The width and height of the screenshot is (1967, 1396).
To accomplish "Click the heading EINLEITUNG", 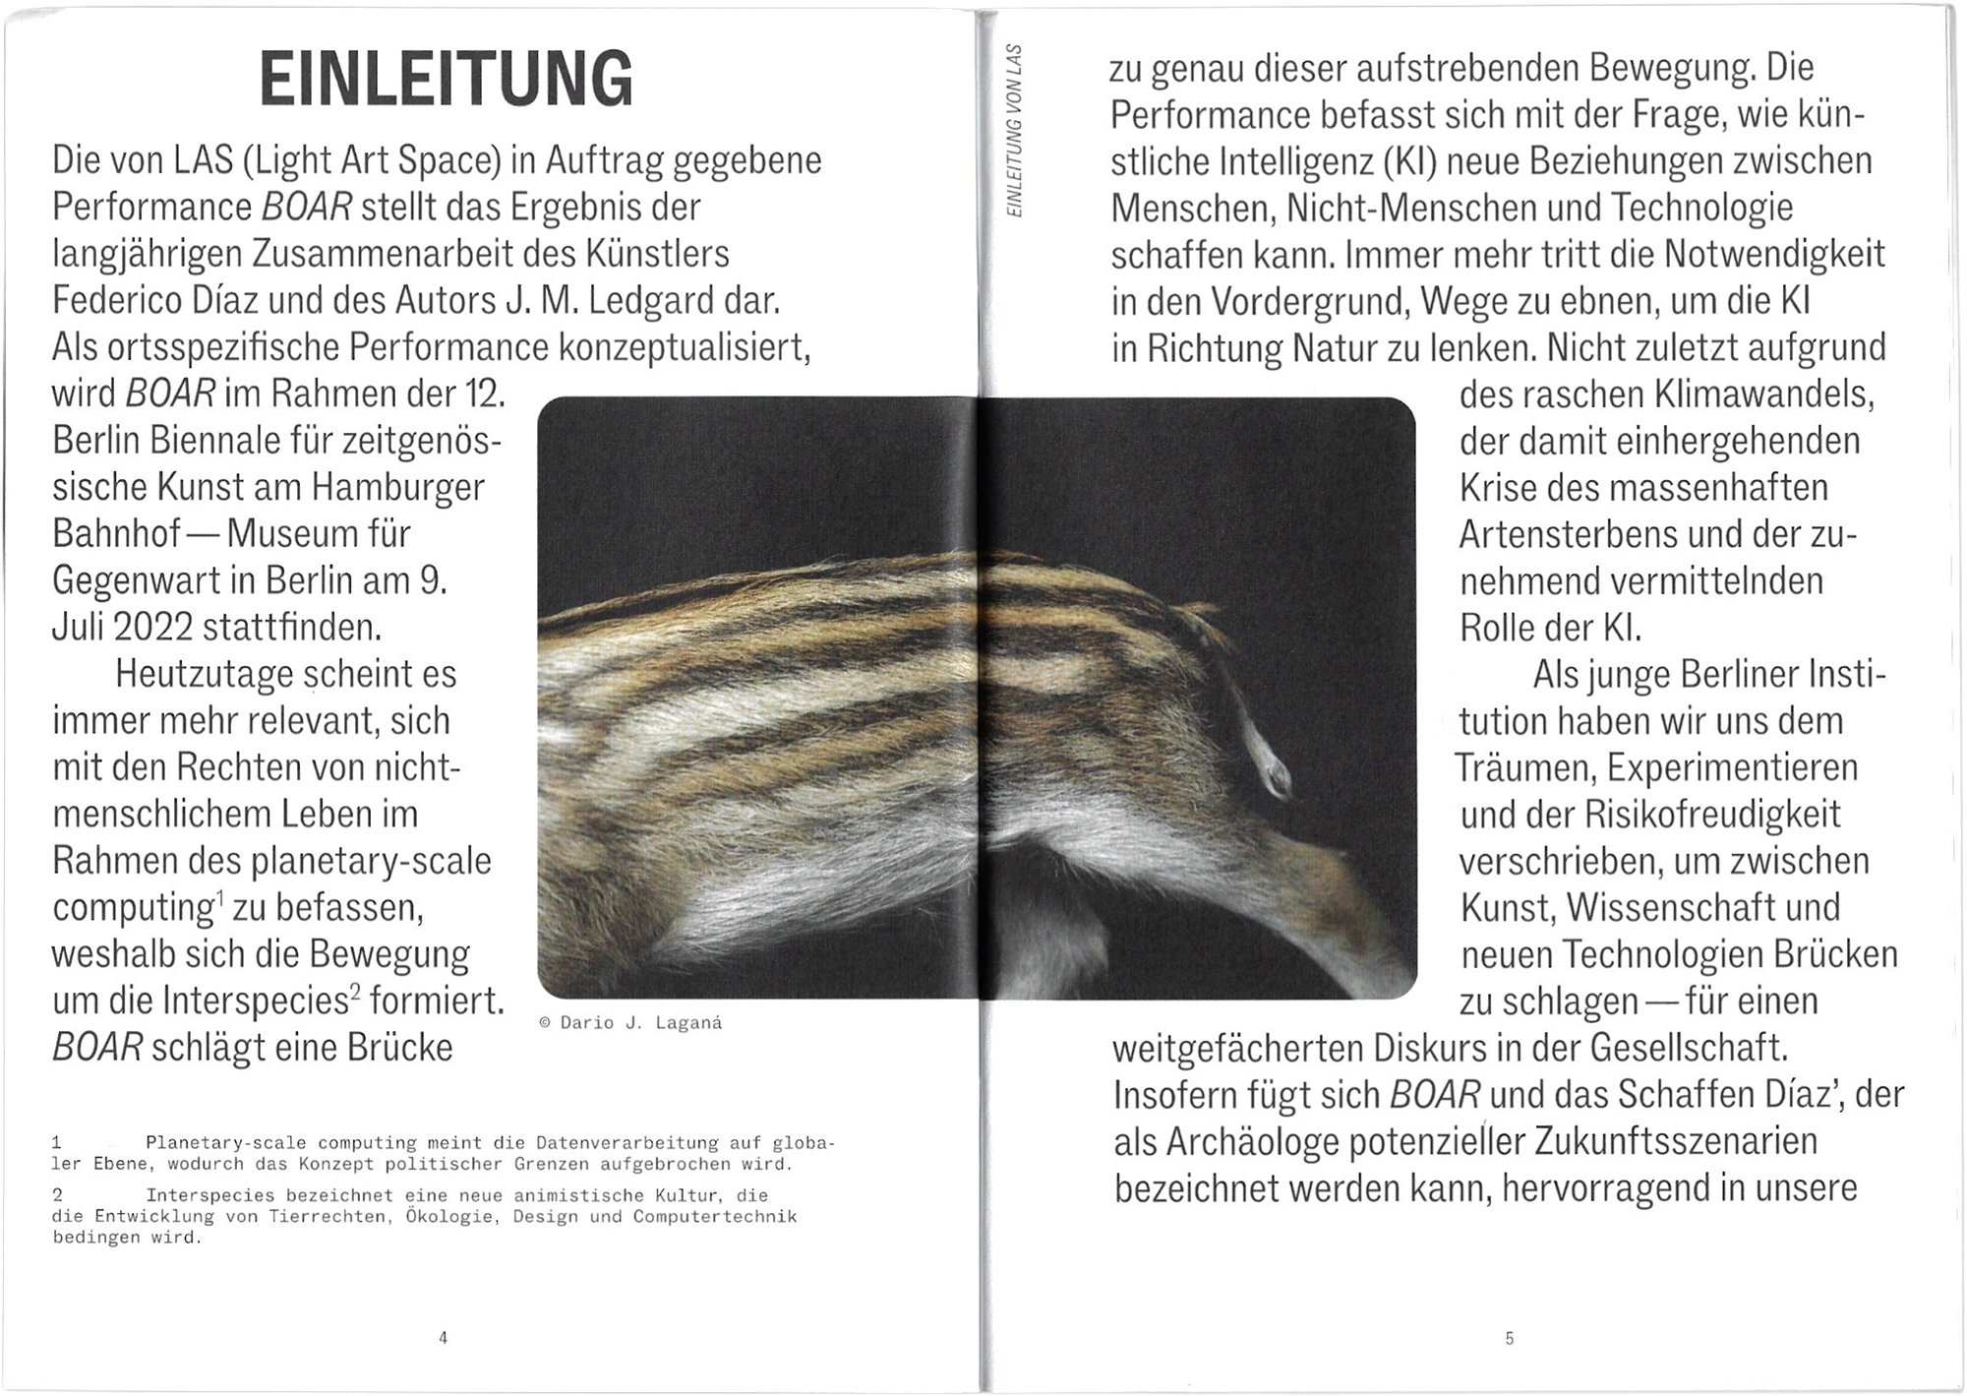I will click(x=447, y=80).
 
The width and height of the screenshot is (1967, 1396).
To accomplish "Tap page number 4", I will click(x=444, y=1337).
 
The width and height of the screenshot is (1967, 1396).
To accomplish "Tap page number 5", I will click(x=1510, y=1337).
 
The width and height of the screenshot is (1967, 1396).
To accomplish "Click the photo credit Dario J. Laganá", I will click(x=631, y=1023).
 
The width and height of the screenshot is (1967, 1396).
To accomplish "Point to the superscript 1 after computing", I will click(x=220, y=894).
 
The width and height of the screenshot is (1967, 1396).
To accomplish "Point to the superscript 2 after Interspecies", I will click(x=355, y=988).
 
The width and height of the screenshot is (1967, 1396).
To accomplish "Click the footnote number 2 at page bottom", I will click(x=58, y=1195).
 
